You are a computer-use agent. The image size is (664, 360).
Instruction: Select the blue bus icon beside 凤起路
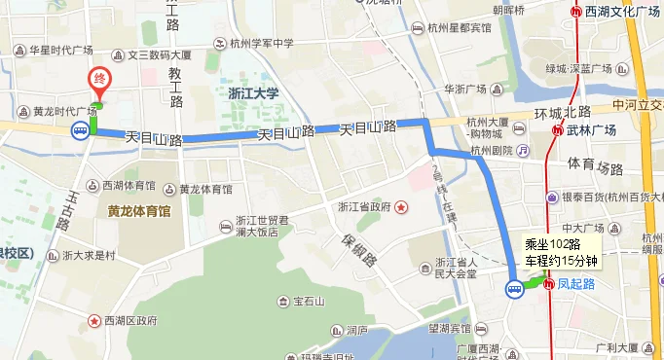[514, 288]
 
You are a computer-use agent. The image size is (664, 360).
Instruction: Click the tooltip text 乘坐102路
[551, 245]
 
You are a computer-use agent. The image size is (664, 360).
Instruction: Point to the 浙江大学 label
[252, 94]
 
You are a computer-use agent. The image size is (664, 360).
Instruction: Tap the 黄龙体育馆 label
[139, 210]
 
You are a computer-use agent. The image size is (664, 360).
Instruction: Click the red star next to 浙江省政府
[400, 207]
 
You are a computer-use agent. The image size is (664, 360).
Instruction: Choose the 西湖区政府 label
[130, 320]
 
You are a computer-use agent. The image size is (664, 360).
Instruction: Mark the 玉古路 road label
[68, 208]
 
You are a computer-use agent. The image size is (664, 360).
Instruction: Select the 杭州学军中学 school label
[262, 44]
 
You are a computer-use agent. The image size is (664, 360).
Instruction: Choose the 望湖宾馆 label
[451, 330]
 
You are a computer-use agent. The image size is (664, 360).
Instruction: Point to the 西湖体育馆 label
[129, 185]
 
